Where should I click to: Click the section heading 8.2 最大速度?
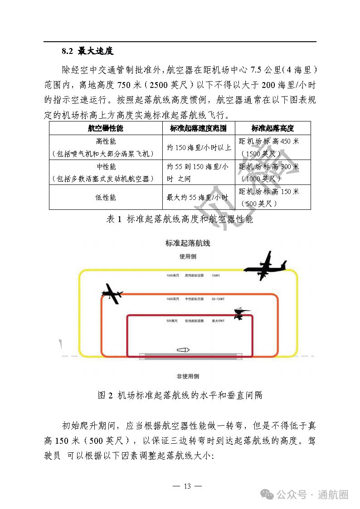pos(88,51)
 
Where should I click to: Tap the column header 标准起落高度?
pos(272,128)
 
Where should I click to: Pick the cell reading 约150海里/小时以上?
pos(199,147)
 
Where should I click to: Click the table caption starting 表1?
pos(180,219)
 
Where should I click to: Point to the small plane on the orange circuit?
pos(112,293)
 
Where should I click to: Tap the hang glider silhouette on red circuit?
pos(242,313)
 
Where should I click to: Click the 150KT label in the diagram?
pos(216,275)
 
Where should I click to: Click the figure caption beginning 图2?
pos(180,395)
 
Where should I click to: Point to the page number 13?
pos(187,486)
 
